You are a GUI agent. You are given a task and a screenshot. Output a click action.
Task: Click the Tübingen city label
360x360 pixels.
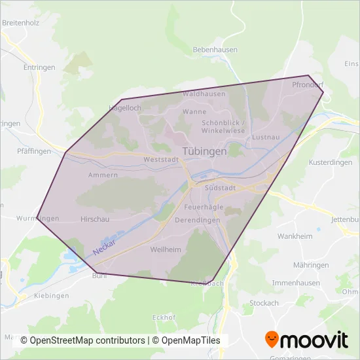point(204,151)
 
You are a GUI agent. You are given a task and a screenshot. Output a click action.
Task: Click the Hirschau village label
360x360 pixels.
point(93,219)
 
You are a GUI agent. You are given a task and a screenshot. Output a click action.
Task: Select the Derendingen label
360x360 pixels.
point(198,220)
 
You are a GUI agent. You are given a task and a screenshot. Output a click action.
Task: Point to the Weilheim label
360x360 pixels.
point(165,250)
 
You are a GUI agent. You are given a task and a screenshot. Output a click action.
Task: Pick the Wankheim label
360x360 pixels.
point(293,236)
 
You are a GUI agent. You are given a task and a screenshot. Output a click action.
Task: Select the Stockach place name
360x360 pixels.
point(264,303)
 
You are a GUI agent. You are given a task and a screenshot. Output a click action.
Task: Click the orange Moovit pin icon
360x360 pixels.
point(272,339)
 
